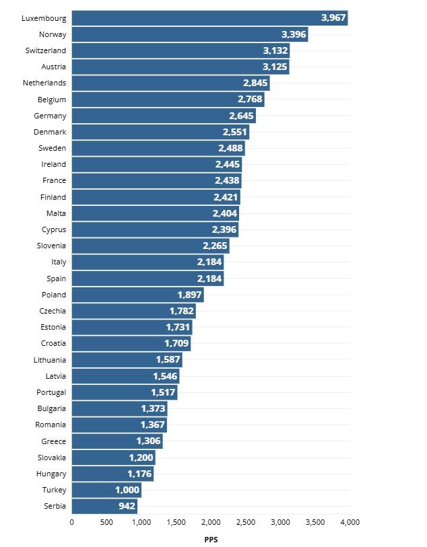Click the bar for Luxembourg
click(x=209, y=18)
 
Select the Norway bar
click(x=189, y=34)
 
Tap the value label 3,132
click(x=275, y=51)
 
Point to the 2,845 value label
click(x=256, y=83)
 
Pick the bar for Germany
click(x=163, y=116)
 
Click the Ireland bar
click(x=156, y=164)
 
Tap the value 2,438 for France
click(x=228, y=181)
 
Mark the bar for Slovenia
click(x=150, y=246)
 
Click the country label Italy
click(x=59, y=262)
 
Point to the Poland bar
click(x=137, y=295)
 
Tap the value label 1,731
click(x=178, y=327)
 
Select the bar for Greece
click(x=117, y=441)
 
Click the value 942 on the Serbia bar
click(x=127, y=506)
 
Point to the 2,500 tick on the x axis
click(x=246, y=521)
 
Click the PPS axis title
click(x=210, y=539)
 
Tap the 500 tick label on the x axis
click(x=106, y=521)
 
